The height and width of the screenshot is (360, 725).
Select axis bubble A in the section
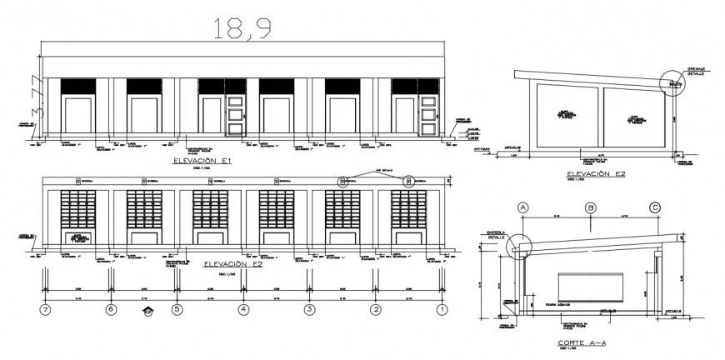[x=524, y=207]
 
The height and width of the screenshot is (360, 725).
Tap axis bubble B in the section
[x=590, y=207]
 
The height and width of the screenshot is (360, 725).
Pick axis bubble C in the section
[x=656, y=207]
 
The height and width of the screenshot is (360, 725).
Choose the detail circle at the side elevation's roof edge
[x=672, y=82]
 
